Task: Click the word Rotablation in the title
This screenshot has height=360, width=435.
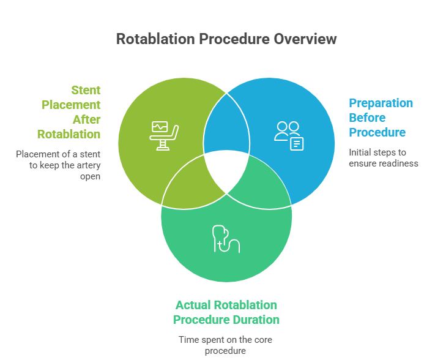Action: pos(154,39)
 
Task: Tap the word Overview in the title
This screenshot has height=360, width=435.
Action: pos(305,39)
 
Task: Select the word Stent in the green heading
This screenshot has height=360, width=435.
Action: pos(86,90)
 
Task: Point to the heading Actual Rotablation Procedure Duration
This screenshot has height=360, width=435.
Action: pos(226,312)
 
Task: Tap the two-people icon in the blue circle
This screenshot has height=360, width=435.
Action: pos(288,134)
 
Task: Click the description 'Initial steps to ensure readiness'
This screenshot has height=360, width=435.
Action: pos(383,157)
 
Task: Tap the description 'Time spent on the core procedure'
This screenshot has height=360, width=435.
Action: pos(226,345)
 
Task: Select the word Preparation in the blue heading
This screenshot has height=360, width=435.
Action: pos(381,103)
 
